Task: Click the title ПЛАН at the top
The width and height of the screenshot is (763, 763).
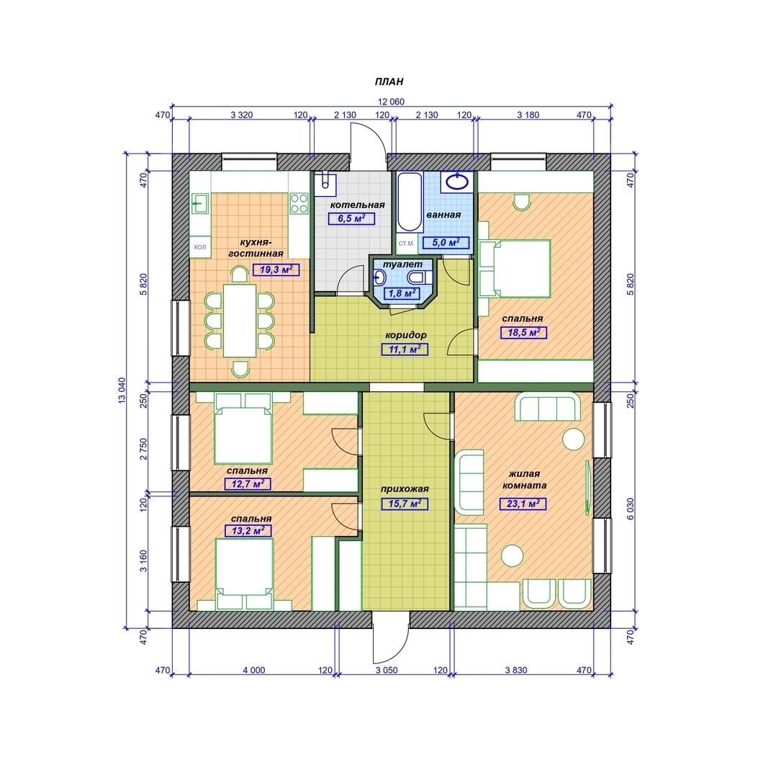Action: click(x=389, y=82)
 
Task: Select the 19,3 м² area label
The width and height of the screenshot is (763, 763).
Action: click(x=276, y=269)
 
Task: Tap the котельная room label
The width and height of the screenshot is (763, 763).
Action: click(x=357, y=205)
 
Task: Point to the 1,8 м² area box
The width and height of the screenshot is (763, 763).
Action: click(x=402, y=294)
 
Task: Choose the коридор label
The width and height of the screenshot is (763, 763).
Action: click(x=405, y=335)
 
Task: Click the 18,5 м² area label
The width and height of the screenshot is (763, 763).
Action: click(x=523, y=333)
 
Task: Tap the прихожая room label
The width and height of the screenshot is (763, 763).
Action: click(x=405, y=489)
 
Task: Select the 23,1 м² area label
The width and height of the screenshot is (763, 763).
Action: click(x=523, y=504)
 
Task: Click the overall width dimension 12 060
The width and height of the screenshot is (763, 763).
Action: click(x=391, y=102)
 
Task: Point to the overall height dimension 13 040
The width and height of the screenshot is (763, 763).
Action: click(x=122, y=390)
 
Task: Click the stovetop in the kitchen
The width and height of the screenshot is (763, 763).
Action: click(x=299, y=203)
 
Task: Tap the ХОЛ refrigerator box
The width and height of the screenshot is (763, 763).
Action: click(x=199, y=247)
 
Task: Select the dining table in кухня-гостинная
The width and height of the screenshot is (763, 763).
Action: click(x=240, y=320)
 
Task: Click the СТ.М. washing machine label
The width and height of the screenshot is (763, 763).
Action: click(x=406, y=244)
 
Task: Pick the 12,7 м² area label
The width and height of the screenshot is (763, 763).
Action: click(x=247, y=483)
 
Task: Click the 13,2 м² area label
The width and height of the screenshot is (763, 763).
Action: click(x=248, y=530)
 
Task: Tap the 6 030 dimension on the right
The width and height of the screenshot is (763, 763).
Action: click(x=631, y=509)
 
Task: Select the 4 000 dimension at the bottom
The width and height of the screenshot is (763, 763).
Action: click(x=254, y=670)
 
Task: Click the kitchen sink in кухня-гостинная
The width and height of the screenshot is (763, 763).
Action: click(x=200, y=203)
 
